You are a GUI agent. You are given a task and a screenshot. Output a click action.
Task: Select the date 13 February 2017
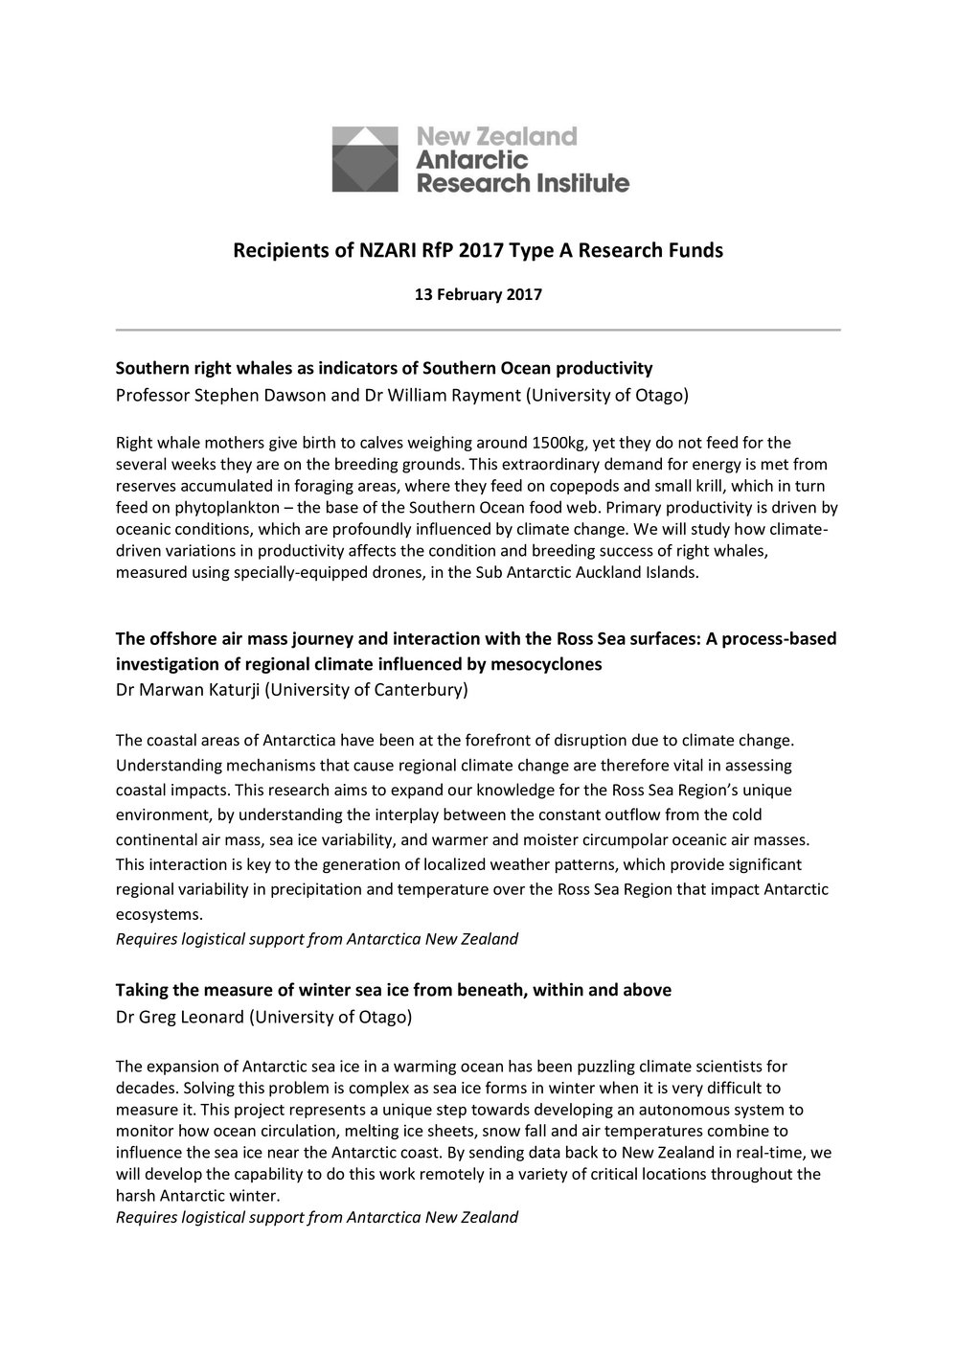click(478, 295)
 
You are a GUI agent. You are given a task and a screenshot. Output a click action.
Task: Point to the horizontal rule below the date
click(478, 331)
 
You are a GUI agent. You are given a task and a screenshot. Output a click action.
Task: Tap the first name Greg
click(158, 1017)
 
